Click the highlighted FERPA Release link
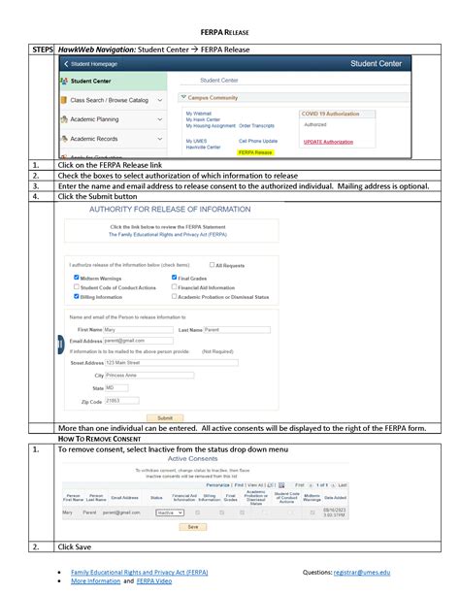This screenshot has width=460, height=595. tap(256, 152)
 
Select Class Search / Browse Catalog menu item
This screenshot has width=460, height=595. tap(109, 100)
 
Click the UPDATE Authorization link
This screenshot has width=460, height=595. tap(328, 142)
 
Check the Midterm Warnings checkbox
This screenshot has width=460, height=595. tap(77, 278)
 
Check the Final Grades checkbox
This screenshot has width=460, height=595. tap(174, 278)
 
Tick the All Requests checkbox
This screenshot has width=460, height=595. tap(213, 265)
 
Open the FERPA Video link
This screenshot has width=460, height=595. tap(153, 583)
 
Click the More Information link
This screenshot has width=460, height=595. tap(95, 583)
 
